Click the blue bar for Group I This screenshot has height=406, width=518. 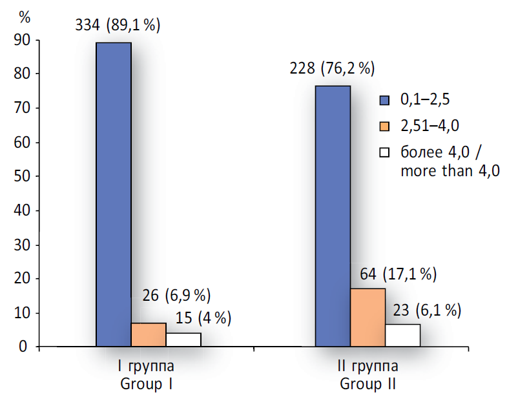[114, 194]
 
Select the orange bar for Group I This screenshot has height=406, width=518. [149, 335]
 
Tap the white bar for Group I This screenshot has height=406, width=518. [183, 340]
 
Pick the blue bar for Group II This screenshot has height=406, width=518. [333, 216]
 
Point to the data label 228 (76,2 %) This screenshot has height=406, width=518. [332, 69]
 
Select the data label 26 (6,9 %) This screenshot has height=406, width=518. [176, 296]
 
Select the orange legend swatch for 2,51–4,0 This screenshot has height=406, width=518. [385, 126]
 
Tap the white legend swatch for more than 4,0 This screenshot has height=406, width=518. [385, 153]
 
